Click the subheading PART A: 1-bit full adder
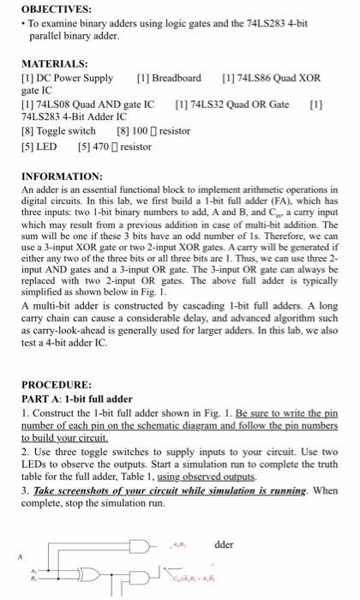pos(77,399)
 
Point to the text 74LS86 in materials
pos(254,78)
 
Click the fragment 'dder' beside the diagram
pos(224,544)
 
